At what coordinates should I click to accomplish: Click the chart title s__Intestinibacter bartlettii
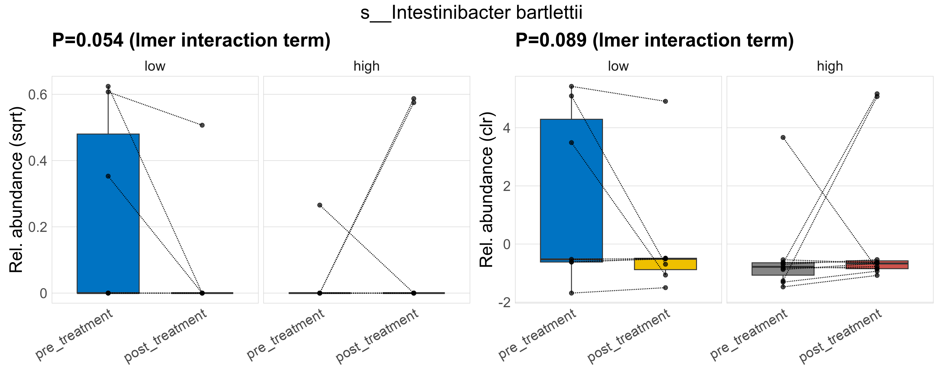tap(471, 13)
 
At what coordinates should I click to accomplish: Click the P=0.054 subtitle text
tap(191, 40)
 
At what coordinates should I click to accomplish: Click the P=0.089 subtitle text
tap(654, 40)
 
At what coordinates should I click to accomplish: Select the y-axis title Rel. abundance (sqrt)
tap(17, 190)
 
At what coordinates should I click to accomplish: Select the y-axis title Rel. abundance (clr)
tap(487, 190)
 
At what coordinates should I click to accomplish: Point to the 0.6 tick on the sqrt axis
tap(38, 94)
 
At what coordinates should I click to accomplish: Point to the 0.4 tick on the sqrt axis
tap(38, 161)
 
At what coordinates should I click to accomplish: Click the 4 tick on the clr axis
tap(507, 128)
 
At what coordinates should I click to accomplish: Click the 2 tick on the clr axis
tap(507, 186)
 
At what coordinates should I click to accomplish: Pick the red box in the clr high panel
tap(877, 265)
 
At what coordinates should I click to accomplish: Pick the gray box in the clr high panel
tap(783, 269)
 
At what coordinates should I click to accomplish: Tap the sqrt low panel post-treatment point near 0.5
tap(202, 125)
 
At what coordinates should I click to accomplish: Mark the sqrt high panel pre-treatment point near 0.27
tap(319, 205)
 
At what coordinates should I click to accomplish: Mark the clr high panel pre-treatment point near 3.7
tap(783, 138)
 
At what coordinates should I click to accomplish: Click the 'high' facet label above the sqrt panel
tap(367, 66)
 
